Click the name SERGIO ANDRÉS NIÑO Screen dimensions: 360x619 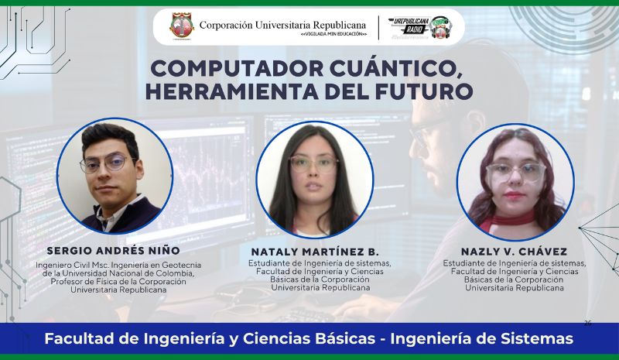pyautogui.click(x=114, y=251)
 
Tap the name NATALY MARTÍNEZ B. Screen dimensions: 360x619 pyautogui.click(x=315, y=252)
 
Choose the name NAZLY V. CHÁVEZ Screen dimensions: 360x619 pyautogui.click(x=515, y=252)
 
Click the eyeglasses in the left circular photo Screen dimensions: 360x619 pyautogui.click(x=109, y=164)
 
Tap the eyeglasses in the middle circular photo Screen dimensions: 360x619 pyautogui.click(x=313, y=164)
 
